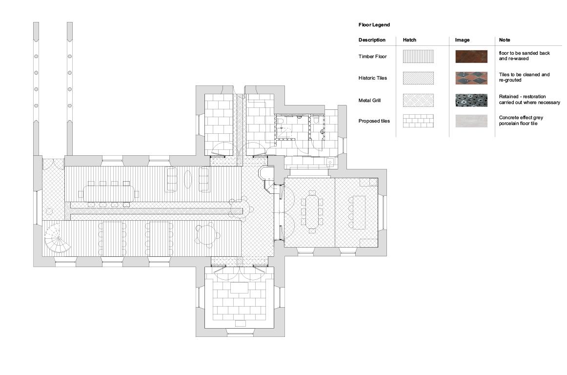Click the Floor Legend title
pyautogui.click(x=374, y=25)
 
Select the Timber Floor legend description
pyautogui.click(x=372, y=57)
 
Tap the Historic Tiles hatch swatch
pyautogui.click(x=418, y=78)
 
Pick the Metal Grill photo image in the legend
pyautogui.click(x=471, y=100)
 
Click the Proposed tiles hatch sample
pyautogui.click(x=418, y=121)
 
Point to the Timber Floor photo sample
pyautogui.click(x=471, y=57)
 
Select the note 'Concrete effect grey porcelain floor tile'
pyautogui.click(x=521, y=120)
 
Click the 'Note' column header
pyautogui.click(x=505, y=40)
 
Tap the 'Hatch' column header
pyautogui.click(x=409, y=40)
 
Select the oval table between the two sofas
pyautogui.click(x=188, y=179)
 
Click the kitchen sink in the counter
pyautogui.click(x=330, y=162)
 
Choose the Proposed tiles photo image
pyautogui.click(x=471, y=121)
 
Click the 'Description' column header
pyautogui.click(x=372, y=40)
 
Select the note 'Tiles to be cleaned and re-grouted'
pyautogui.click(x=524, y=77)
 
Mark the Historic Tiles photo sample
pyautogui.click(x=471, y=78)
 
